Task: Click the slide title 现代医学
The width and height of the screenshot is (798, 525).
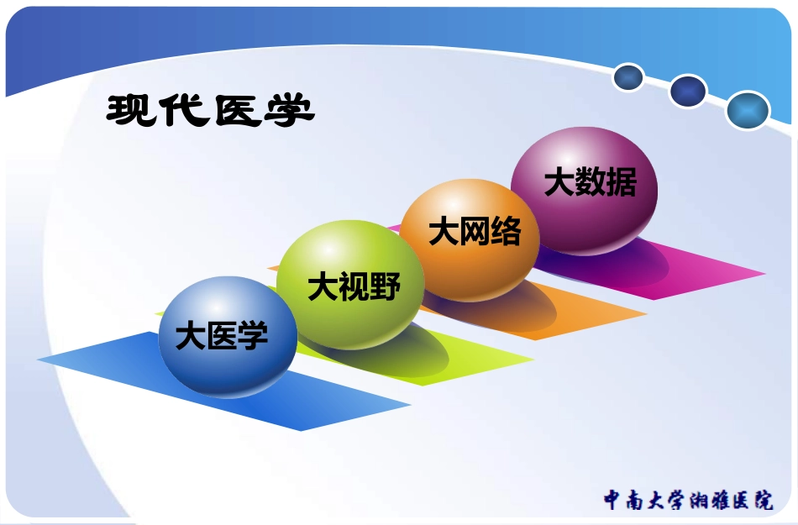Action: pos(210,110)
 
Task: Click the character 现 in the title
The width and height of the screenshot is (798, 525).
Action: pos(132,110)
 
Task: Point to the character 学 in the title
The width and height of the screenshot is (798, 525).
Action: pos(288,110)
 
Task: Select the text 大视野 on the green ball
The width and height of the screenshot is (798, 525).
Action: pos(354,287)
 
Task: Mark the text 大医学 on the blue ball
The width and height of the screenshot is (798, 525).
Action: pos(222,337)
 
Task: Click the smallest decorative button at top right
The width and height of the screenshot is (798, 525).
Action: pos(628,78)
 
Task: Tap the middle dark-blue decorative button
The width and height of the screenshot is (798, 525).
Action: pos(688,91)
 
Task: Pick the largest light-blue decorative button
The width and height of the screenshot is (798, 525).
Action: pos(748,110)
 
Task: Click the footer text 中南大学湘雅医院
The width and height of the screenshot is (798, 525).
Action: pos(688,500)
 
